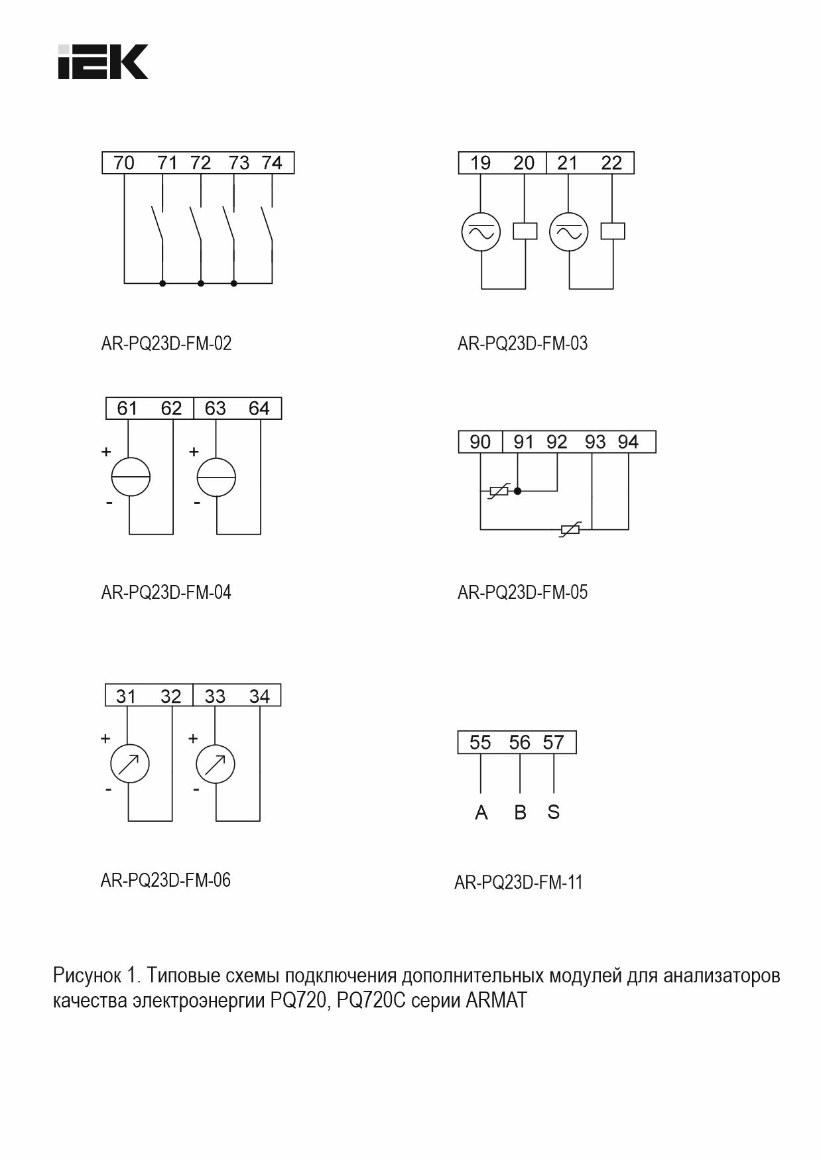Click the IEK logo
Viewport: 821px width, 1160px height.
pos(103,62)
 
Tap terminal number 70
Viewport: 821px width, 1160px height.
pos(124,163)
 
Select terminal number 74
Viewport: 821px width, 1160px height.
pos(272,163)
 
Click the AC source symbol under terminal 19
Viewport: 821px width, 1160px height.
pos(481,231)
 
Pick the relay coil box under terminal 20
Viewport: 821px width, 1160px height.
pos(525,231)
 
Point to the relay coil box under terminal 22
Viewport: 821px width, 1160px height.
pos(613,231)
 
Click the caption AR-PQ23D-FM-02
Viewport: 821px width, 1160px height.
pos(166,344)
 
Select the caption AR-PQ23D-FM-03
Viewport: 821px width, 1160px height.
pos(523,344)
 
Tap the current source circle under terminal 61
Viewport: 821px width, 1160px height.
pos(131,478)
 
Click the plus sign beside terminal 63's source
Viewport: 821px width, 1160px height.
pos(194,452)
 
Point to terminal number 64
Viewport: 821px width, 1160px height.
pos(259,409)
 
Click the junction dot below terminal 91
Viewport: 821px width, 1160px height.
pos(518,491)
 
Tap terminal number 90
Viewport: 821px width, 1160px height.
pos(479,442)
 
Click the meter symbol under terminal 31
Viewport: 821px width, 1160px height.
pos(129,765)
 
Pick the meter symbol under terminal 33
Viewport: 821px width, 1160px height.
pos(216,765)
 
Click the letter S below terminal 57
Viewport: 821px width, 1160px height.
pos(554,812)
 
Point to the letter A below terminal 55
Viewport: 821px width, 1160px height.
pos(481,812)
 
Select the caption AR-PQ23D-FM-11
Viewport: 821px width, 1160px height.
pos(519,883)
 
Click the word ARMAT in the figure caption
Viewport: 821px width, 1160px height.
pos(496,1000)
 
